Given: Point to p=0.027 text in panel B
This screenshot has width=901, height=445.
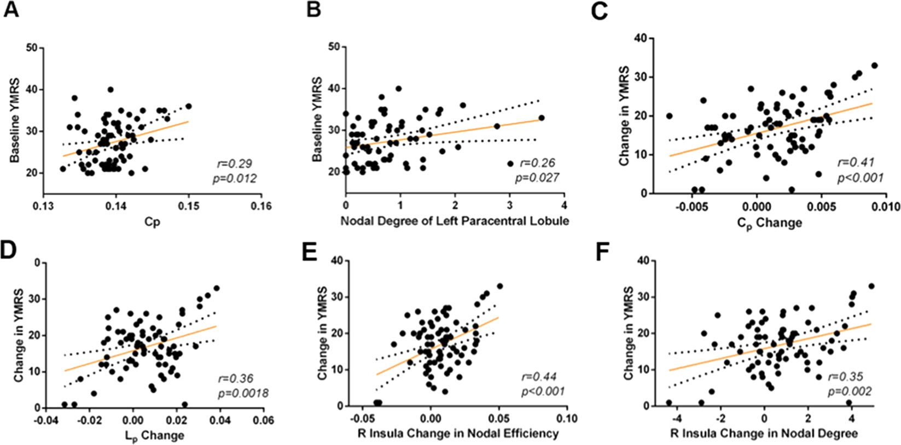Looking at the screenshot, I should [x=537, y=177].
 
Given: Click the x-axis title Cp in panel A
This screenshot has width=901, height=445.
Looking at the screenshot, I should [x=153, y=222].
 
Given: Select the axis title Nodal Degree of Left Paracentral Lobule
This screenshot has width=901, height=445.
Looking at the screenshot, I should [x=455, y=221].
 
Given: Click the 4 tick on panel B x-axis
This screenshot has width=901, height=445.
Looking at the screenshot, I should [x=564, y=205].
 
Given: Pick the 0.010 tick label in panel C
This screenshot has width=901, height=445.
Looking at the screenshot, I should [x=885, y=206].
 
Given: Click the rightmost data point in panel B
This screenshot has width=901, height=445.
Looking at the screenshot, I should [x=541, y=118].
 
